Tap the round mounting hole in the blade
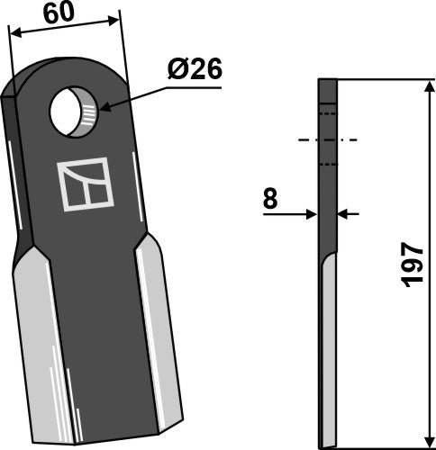click(x=76, y=112)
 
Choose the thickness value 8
click(x=269, y=199)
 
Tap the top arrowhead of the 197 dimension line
click(x=423, y=85)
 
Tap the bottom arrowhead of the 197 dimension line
click(x=423, y=442)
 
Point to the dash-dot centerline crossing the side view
click(x=328, y=140)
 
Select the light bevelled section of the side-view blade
click(x=329, y=360)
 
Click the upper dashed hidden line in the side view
click(x=328, y=115)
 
